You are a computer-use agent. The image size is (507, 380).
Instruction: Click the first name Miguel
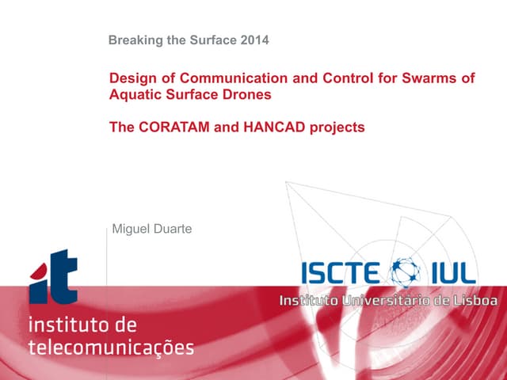[x=132, y=229]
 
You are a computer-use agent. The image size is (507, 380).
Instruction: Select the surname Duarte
[x=174, y=229]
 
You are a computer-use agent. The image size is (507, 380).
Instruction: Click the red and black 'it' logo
[x=54, y=276]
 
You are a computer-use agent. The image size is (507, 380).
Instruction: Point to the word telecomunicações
[x=111, y=347]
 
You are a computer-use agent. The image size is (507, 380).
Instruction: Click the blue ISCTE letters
[x=341, y=272]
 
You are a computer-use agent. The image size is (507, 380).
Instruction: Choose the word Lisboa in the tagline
[x=476, y=301]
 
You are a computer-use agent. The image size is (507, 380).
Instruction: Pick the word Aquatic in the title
[x=134, y=95]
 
